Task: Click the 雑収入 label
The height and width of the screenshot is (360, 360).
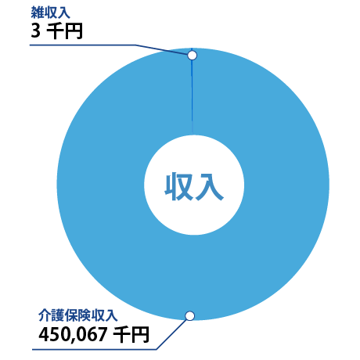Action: pyautogui.click(x=50, y=13)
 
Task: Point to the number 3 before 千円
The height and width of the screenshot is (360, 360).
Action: pyautogui.click(x=36, y=31)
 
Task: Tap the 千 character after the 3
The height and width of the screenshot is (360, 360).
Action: pyautogui.click(x=55, y=31)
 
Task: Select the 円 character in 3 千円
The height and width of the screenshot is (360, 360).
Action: pyautogui.click(x=74, y=31)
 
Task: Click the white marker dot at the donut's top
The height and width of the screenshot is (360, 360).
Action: pyautogui.click(x=192, y=56)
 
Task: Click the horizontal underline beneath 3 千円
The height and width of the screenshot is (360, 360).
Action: pyautogui.click(x=82, y=45)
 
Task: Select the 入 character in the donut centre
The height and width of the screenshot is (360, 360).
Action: pyautogui.click(x=209, y=186)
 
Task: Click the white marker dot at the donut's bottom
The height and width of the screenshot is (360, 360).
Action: pyautogui.click(x=190, y=316)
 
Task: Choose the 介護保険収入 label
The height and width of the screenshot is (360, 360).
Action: pyautogui.click(x=77, y=315)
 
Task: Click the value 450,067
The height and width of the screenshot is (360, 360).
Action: pyautogui.click(x=73, y=334)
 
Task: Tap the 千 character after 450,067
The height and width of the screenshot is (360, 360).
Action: pyautogui.click(x=121, y=334)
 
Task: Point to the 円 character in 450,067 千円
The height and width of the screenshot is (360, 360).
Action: pyautogui.click(x=140, y=334)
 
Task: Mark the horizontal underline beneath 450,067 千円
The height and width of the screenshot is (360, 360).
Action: pyautogui.click(x=94, y=349)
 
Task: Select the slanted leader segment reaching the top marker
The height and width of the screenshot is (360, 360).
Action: pyautogui.click(x=161, y=49)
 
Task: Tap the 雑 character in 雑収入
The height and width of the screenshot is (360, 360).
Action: pyautogui.click(x=37, y=13)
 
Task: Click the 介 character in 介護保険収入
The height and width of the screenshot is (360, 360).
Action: pyautogui.click(x=45, y=315)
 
